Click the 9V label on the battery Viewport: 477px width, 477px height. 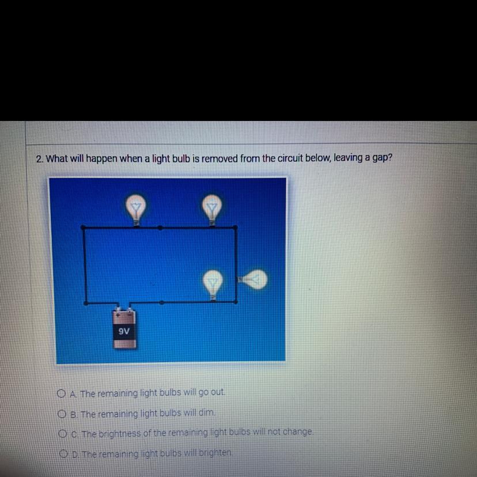click(124, 331)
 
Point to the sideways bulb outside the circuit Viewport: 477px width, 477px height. click(253, 279)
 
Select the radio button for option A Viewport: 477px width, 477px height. click(61, 393)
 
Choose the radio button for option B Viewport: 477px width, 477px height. click(62, 414)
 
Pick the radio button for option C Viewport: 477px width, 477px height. click(63, 434)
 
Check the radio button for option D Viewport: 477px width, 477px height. click(63, 454)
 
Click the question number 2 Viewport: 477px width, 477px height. click(39, 159)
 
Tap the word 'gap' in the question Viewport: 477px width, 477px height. click(383, 158)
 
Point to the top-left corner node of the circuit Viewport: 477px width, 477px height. click(83, 227)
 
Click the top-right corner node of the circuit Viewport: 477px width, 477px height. click(235, 227)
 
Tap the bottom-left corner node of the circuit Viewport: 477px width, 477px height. click(86, 303)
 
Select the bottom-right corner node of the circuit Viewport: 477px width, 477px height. click(236, 302)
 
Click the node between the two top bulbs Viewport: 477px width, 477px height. click(161, 228)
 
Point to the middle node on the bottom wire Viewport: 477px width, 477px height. click(162, 302)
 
